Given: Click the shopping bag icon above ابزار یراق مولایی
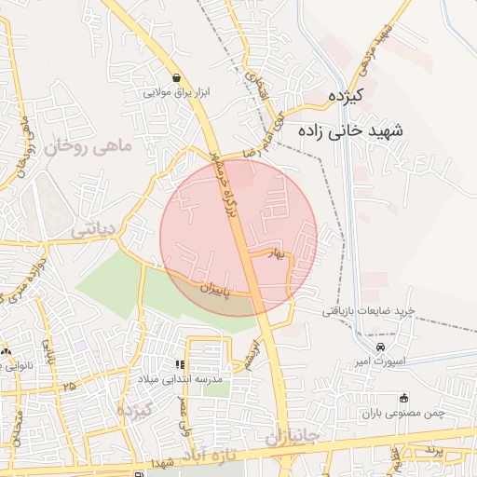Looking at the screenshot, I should pyautogui.click(x=177, y=78).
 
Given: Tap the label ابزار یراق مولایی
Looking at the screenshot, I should pyautogui.click(x=177, y=93).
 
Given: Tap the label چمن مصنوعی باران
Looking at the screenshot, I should pyautogui.click(x=406, y=412).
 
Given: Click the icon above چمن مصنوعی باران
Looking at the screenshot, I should pyautogui.click(x=403, y=398).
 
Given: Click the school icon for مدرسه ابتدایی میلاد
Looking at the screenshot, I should pyautogui.click(x=180, y=365).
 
